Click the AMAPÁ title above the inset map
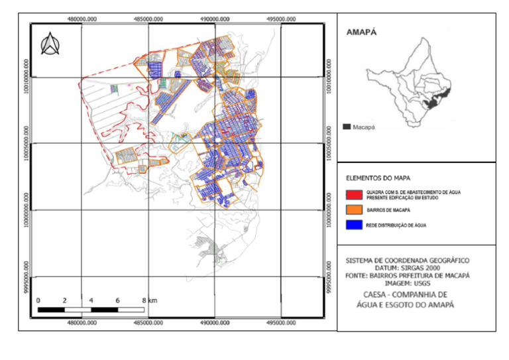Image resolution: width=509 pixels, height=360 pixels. [x=362, y=32]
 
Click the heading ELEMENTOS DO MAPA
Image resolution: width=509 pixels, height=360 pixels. [x=376, y=178]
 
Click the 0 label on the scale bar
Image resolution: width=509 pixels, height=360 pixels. [x=38, y=300]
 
